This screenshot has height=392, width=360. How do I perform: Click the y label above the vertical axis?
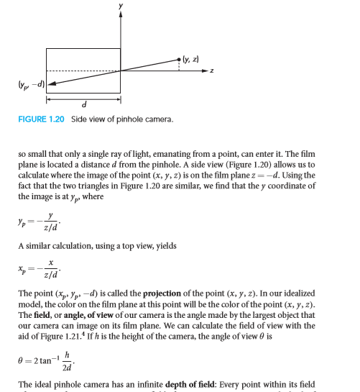[x=121, y=6]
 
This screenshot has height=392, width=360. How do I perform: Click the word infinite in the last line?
[x=153, y=380]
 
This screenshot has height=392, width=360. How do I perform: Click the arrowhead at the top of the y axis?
[x=121, y=18]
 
